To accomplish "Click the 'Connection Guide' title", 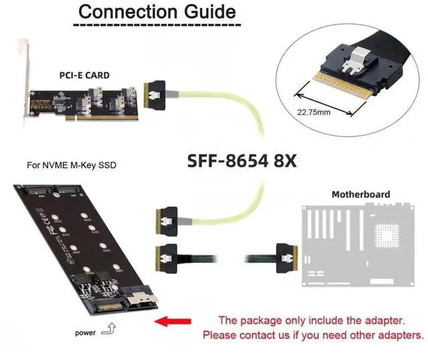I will coord(157,11).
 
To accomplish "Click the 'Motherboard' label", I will coord(361,194).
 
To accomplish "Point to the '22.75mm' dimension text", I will coord(314,112).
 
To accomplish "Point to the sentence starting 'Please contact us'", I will coord(313,335).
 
